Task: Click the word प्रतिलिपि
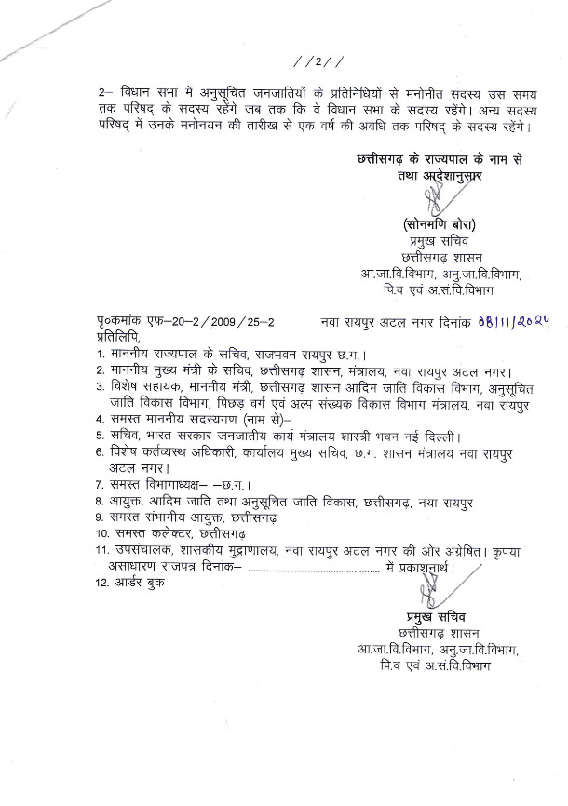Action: (x=119, y=335)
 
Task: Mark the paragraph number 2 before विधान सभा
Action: (x=101, y=96)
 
